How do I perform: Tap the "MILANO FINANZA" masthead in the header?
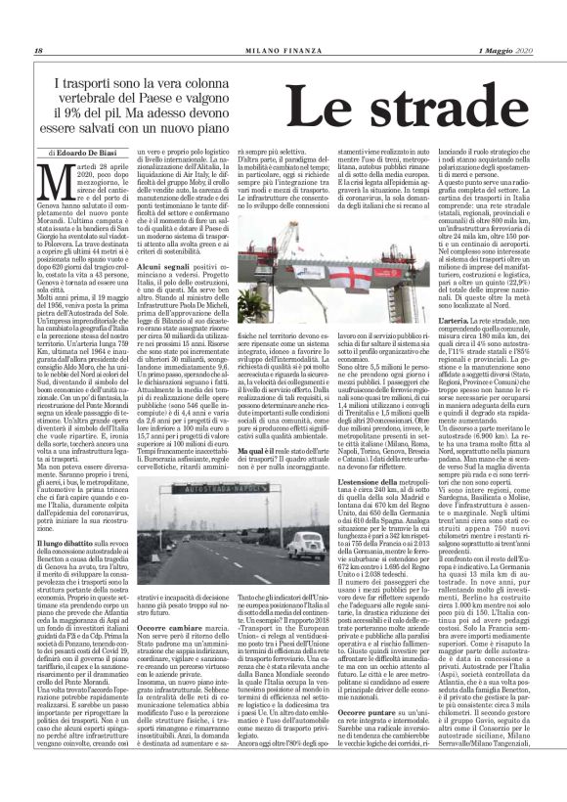coord(283,22)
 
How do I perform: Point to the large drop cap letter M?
coord(49,182)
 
